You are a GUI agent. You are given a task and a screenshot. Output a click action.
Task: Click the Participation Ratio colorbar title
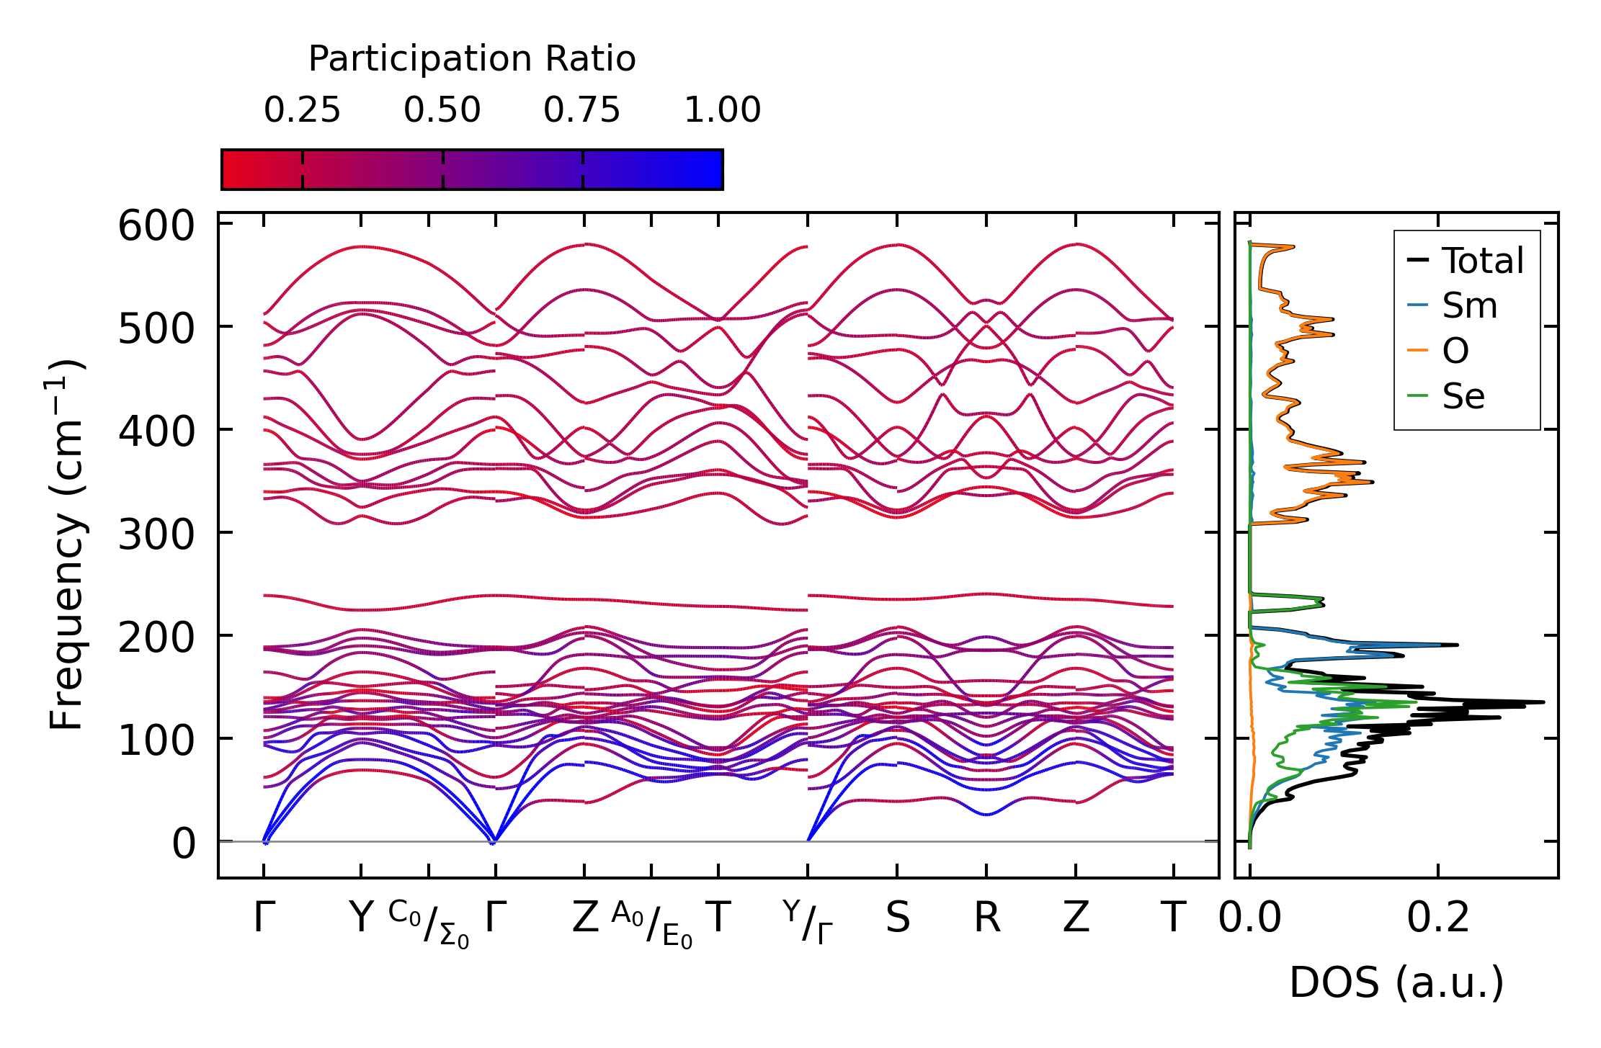click(x=472, y=59)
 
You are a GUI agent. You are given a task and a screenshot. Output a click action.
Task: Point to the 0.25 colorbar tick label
click(x=302, y=111)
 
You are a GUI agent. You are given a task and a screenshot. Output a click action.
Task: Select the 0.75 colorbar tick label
click(x=581, y=111)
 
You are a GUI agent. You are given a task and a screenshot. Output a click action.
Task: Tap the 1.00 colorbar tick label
click(x=722, y=111)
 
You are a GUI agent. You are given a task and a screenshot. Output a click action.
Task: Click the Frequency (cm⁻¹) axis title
click(x=67, y=545)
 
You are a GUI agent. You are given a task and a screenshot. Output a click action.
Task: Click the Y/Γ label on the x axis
click(x=808, y=923)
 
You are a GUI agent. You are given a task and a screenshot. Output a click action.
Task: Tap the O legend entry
click(x=1455, y=351)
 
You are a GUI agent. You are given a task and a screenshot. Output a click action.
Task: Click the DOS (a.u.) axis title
click(x=1396, y=982)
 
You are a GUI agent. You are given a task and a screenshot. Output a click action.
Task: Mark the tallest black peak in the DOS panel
click(x=1543, y=702)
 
